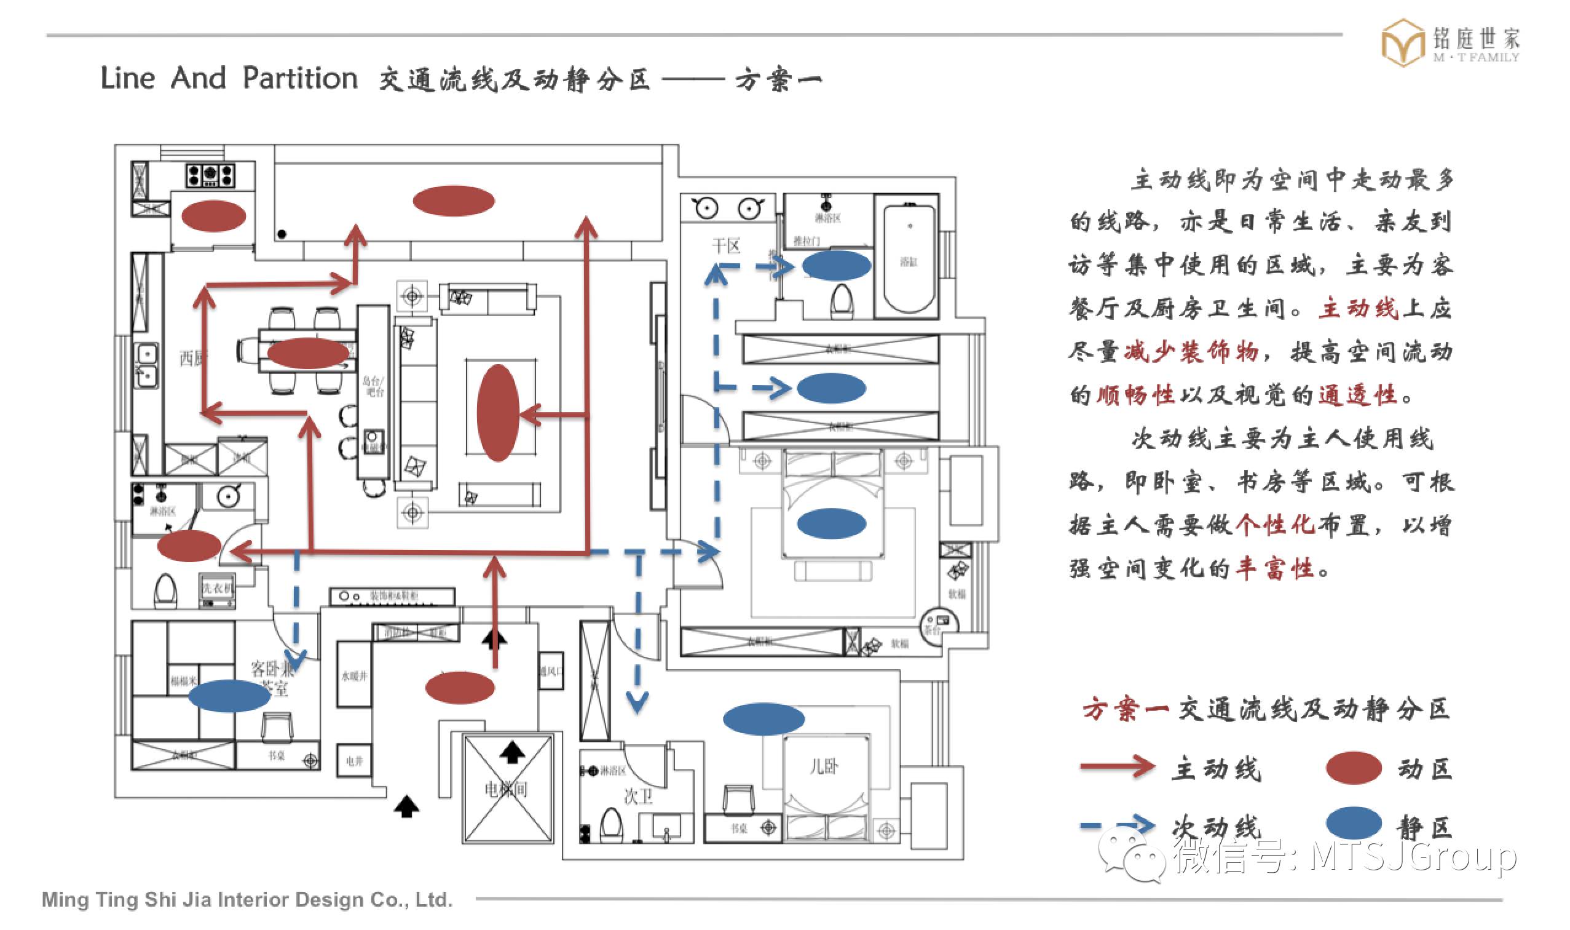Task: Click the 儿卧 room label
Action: pyautogui.click(x=823, y=766)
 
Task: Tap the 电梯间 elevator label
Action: pyautogui.click(x=506, y=789)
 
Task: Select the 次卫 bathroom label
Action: pyautogui.click(x=638, y=796)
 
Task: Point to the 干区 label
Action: pyautogui.click(x=727, y=245)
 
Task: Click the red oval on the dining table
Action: pyautogui.click(x=307, y=353)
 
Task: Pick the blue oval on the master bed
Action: pyautogui.click(x=831, y=523)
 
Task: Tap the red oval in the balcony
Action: pyautogui.click(x=454, y=201)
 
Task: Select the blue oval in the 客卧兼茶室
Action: pyautogui.click(x=229, y=696)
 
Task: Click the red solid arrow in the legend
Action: pyautogui.click(x=1118, y=766)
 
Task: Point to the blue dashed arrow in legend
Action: pyautogui.click(x=1118, y=825)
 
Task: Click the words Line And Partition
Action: pyautogui.click(x=229, y=78)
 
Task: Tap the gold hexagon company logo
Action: pyautogui.click(x=1403, y=42)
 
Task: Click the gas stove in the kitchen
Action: pyautogui.click(x=210, y=175)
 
